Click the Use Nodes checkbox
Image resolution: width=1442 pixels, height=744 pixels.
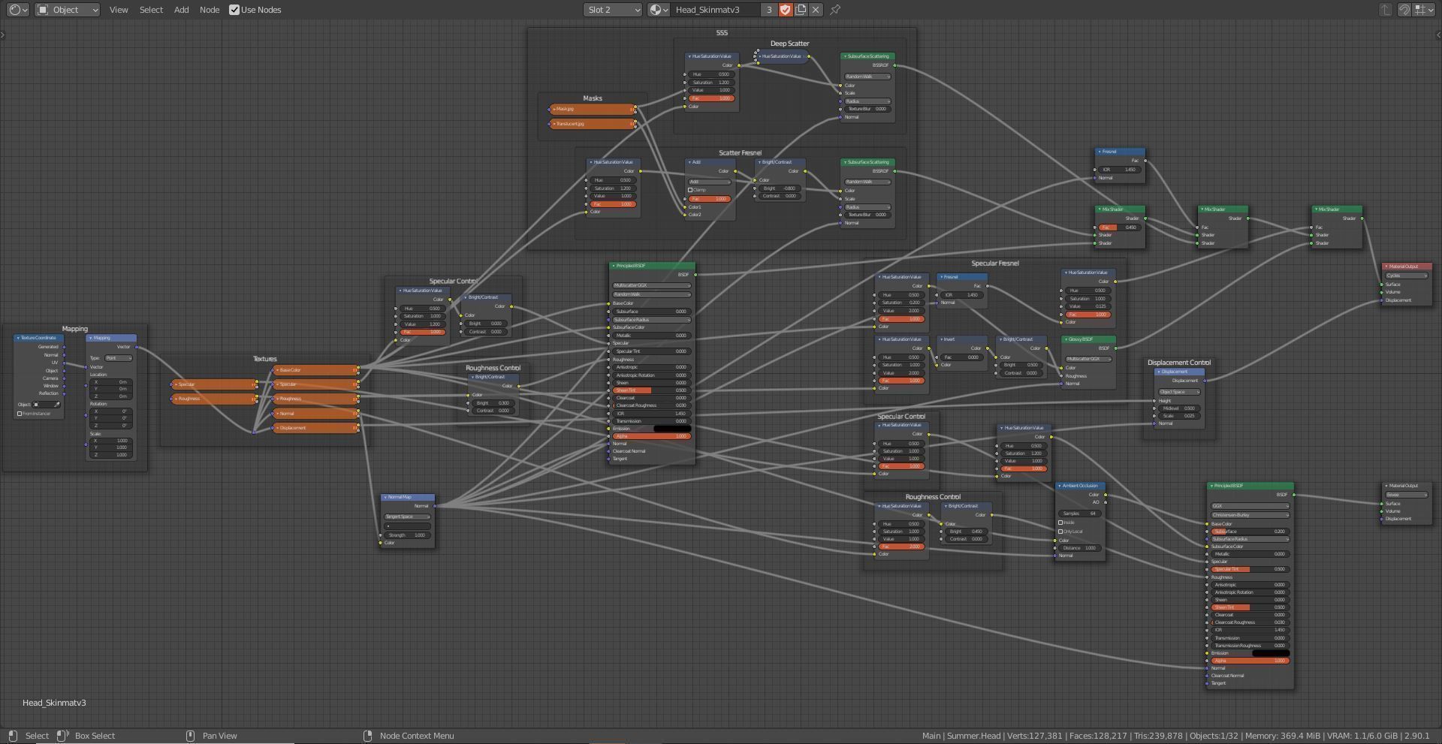click(234, 10)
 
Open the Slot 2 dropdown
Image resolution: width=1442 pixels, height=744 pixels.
click(613, 10)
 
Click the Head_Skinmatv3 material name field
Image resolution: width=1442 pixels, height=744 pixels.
click(713, 10)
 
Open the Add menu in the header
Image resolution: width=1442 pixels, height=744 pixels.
click(181, 10)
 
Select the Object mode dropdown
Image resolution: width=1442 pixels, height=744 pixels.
click(68, 10)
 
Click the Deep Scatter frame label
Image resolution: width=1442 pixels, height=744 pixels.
click(789, 44)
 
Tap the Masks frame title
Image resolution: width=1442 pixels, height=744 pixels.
click(592, 98)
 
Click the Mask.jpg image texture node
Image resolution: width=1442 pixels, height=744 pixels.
click(592, 110)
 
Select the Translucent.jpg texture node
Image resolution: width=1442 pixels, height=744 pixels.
click(592, 124)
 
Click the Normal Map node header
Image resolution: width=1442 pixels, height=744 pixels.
click(406, 497)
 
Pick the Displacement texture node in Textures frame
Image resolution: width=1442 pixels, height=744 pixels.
click(315, 428)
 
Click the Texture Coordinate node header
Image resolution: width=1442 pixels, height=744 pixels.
click(39, 338)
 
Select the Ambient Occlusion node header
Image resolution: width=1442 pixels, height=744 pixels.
click(1080, 486)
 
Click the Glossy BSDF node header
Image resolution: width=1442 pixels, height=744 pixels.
click(1088, 339)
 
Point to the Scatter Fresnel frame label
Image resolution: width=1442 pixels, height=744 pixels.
click(740, 153)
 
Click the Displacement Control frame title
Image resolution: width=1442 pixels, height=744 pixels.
click(1178, 363)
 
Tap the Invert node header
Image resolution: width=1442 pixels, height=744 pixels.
click(961, 339)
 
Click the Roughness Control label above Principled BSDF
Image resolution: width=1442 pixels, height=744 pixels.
click(493, 368)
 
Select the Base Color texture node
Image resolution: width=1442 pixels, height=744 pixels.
click(315, 370)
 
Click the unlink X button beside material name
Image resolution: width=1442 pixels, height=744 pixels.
click(816, 10)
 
